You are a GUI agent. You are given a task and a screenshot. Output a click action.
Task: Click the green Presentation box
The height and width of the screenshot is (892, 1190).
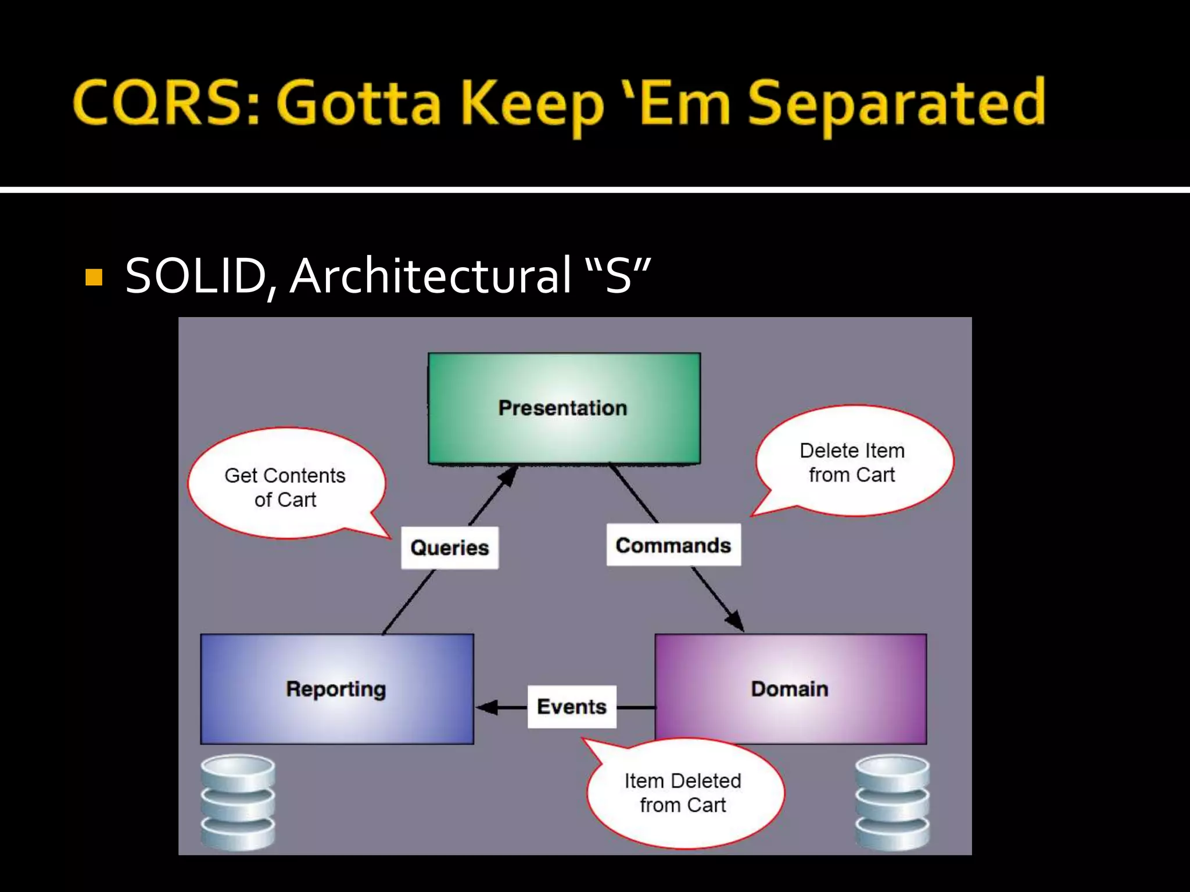coord(564,408)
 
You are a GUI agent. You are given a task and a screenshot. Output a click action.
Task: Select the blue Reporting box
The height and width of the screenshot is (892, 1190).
coord(336,689)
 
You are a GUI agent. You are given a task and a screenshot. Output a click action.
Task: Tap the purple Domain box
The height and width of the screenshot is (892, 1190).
coord(790,689)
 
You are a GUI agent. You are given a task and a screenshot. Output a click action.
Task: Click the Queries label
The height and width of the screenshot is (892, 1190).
coord(449,548)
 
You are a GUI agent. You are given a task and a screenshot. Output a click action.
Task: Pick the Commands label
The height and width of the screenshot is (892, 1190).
coord(673,545)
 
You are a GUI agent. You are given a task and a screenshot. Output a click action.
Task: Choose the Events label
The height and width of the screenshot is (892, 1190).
coord(572,707)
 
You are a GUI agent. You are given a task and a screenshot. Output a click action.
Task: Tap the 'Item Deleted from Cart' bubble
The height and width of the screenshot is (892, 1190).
coord(683,793)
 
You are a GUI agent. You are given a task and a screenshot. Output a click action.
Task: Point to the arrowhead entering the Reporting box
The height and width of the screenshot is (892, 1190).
coord(486,707)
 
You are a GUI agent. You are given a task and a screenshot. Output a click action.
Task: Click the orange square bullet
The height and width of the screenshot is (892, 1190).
coord(94,278)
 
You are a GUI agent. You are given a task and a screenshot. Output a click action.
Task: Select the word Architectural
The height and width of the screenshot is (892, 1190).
coord(431,276)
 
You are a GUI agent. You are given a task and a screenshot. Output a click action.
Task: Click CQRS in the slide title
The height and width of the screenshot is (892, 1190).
coord(157,103)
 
